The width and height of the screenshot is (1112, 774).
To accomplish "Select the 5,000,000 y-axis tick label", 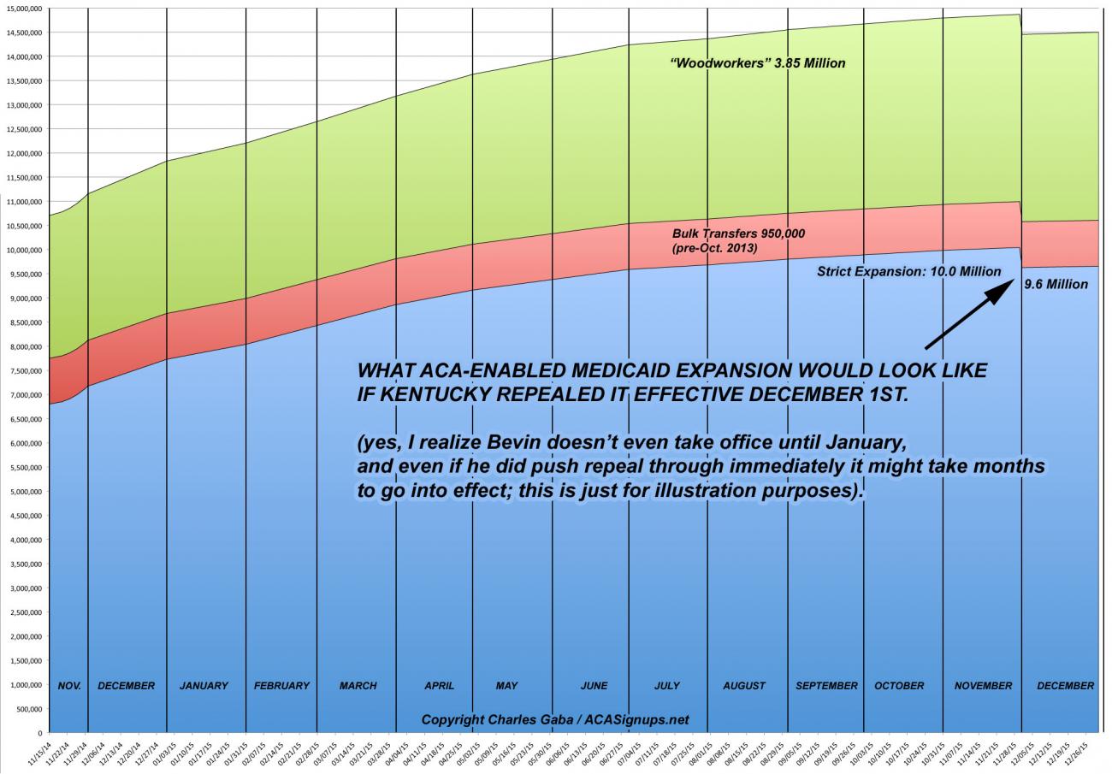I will pos(25,492).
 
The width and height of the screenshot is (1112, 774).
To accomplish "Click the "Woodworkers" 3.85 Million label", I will pos(758,63).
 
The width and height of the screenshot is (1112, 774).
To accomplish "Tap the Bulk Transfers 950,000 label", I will pos(738,233).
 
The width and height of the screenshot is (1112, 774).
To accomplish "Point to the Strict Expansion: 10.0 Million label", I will pos(908,271).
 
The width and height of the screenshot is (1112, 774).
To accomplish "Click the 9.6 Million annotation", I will pos(1056,284).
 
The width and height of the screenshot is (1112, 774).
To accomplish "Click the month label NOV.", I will pos(69,686).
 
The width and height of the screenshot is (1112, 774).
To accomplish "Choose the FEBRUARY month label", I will pos(281,686).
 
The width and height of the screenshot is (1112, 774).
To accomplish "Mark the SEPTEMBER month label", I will pos(826,686).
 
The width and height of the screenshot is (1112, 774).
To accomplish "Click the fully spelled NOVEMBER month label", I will pos(983,686).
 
